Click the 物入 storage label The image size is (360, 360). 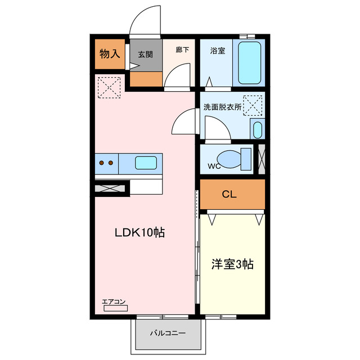click(110, 54)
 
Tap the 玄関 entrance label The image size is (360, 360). click(146, 55)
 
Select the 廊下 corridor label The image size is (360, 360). click(182, 49)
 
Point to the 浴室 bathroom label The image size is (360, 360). click(218, 50)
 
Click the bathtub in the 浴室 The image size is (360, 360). click(247, 62)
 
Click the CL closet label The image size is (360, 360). click(229, 195)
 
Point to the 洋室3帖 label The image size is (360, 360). click(232, 264)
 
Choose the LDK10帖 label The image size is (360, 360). click(139, 232)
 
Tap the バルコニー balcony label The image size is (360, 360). click(167, 333)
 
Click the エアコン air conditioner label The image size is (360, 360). click(114, 302)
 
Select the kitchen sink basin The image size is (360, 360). click(146, 163)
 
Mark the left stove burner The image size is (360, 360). click(102, 163)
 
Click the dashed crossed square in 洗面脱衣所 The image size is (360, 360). click(253, 105)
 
